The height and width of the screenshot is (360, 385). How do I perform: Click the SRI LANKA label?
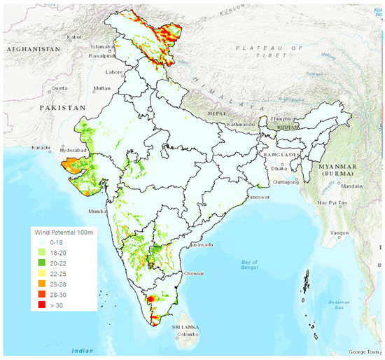pyautogui.click(x=188, y=326)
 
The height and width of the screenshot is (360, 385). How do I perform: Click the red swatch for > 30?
pyautogui.click(x=48, y=306)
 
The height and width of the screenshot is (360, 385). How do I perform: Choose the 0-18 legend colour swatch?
pyautogui.click(x=48, y=242)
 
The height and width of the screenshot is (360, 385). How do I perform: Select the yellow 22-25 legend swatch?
pyautogui.click(x=48, y=274)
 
